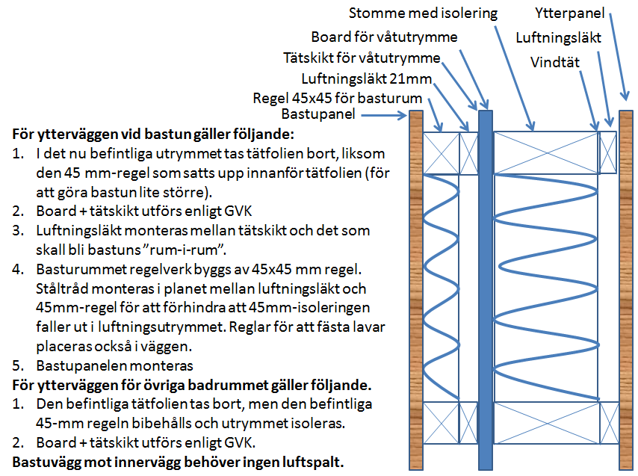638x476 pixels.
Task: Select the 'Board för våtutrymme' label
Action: point(384,37)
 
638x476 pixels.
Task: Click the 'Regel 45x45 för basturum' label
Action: point(338,98)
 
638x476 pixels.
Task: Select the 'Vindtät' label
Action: point(556,62)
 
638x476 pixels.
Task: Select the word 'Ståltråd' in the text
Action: point(62,288)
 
